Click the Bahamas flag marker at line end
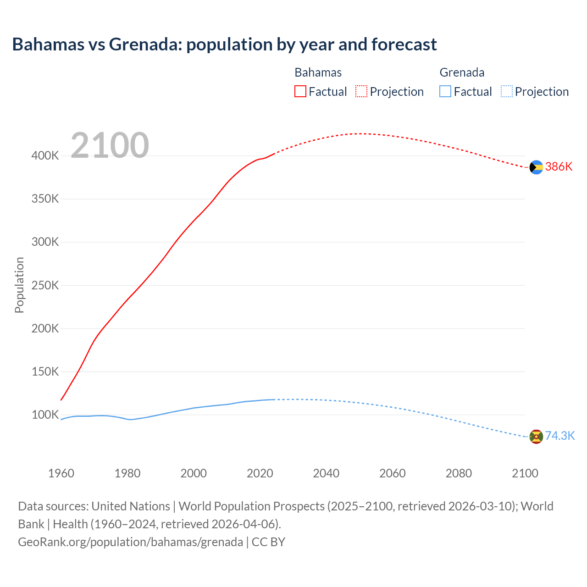tap(536, 167)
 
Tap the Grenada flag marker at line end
tap(536, 437)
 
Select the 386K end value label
tap(559, 167)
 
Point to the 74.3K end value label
tap(559, 436)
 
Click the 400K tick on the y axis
tap(45, 156)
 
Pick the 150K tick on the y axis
tap(45, 371)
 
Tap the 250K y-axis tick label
tap(45, 285)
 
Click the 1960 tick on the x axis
tap(61, 473)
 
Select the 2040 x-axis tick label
tap(326, 473)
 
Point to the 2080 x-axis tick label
tap(459, 473)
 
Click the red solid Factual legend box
tap(300, 92)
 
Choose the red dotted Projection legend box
tap(361, 92)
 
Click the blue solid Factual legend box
tap(445, 92)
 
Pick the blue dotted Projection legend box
tap(506, 92)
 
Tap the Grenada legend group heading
tap(462, 72)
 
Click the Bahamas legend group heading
tap(318, 72)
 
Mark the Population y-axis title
tap(19, 285)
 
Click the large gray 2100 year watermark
tap(110, 145)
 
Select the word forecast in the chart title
tap(404, 44)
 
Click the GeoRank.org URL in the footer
tap(130, 542)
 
